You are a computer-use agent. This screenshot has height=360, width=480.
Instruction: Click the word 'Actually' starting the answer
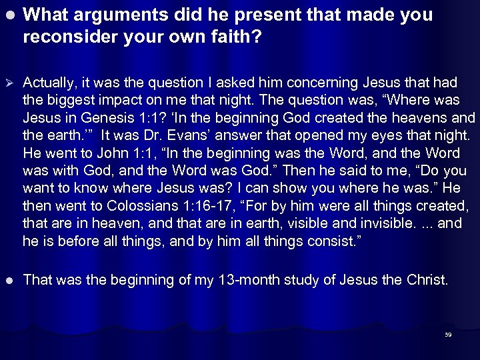click(48, 83)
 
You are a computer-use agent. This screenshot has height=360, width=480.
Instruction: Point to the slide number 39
click(448, 335)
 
